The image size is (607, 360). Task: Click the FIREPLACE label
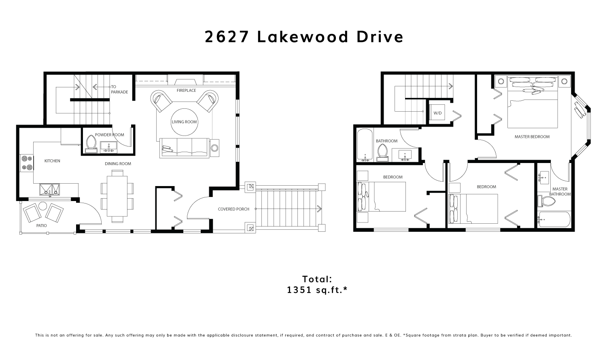pyautogui.click(x=186, y=91)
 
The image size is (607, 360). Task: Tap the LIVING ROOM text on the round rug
pyautogui.click(x=184, y=122)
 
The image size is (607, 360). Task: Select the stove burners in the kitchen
pyautogui.click(x=27, y=163)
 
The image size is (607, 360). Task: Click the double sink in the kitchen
pyautogui.click(x=50, y=189)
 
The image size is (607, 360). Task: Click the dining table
pyautogui.click(x=117, y=196)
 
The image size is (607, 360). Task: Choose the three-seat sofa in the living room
pyautogui.click(x=184, y=148)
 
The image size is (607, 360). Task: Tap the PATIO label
pyautogui.click(x=41, y=226)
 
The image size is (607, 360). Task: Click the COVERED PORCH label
pyautogui.click(x=233, y=209)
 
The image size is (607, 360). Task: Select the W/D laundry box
pyautogui.click(x=437, y=113)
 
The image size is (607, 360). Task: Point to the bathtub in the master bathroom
pyautogui.click(x=554, y=219)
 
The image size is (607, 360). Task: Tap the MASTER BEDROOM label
pyautogui.click(x=532, y=137)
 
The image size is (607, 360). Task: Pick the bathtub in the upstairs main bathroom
pyautogui.click(x=365, y=145)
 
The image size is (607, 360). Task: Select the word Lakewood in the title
pyautogui.click(x=303, y=37)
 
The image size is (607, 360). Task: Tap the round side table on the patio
pyautogui.click(x=42, y=206)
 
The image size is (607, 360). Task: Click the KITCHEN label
pyautogui.click(x=52, y=161)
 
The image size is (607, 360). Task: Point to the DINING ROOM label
pyautogui.click(x=118, y=164)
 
